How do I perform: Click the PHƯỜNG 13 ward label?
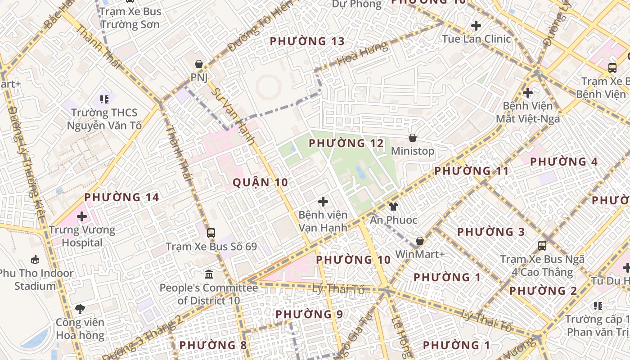pyautogui.click(x=307, y=41)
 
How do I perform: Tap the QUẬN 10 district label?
pyautogui.click(x=260, y=182)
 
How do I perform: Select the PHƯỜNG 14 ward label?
pyautogui.click(x=121, y=197)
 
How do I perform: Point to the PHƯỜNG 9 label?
pyautogui.click(x=309, y=314)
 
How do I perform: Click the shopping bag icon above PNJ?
pyautogui.click(x=198, y=64)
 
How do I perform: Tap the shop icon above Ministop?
pyautogui.click(x=412, y=138)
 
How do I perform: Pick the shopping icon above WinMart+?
pyautogui.click(x=419, y=241)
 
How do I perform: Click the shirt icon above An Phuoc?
pyautogui.click(x=393, y=207)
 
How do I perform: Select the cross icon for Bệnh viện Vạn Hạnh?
pyautogui.click(x=323, y=202)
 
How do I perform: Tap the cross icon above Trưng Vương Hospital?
pyautogui.click(x=81, y=216)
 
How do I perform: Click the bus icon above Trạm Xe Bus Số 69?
pyautogui.click(x=211, y=233)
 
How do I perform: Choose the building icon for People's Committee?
pyautogui.click(x=209, y=274)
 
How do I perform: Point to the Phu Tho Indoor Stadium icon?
pyautogui.click(x=35, y=259)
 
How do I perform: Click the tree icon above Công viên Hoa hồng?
pyautogui.click(x=80, y=309)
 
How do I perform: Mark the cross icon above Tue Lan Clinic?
pyautogui.click(x=476, y=26)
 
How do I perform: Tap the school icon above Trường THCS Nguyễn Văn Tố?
pyautogui.click(x=104, y=99)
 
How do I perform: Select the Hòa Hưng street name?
pyautogui.click(x=362, y=54)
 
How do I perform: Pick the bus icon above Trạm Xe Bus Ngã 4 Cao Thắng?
pyautogui.click(x=542, y=245)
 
